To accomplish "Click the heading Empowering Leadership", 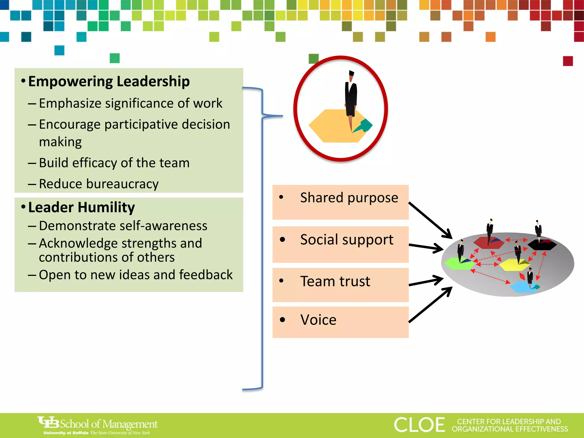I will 109,82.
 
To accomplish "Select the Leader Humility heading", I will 82,207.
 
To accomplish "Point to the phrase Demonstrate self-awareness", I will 123,226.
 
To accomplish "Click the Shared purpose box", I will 340,202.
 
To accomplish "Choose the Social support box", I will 340,244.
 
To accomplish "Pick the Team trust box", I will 340,285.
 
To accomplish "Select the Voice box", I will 340,322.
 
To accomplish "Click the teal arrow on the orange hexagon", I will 363,126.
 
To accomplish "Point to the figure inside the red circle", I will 351,97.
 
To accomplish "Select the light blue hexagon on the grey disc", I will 524,287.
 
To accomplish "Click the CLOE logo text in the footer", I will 419,425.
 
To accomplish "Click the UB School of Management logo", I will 98,425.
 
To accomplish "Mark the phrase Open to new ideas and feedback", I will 136,275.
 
